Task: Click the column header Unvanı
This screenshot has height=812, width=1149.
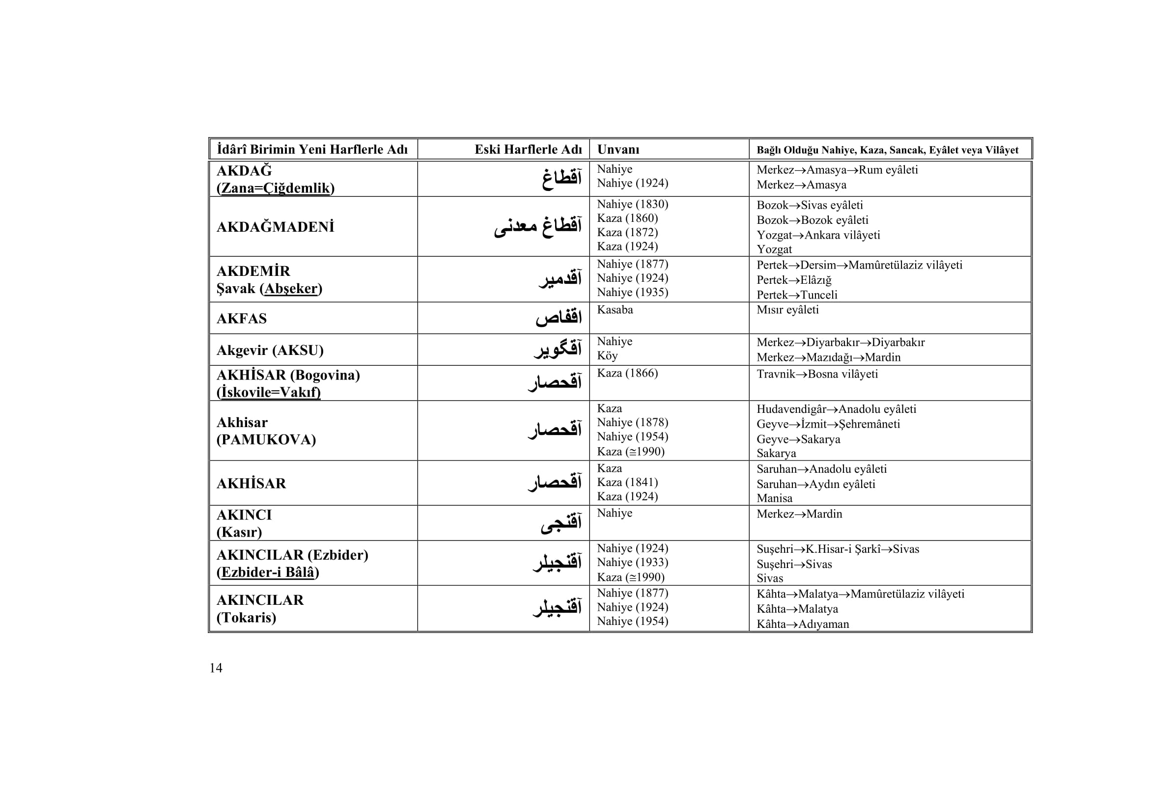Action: click(x=618, y=150)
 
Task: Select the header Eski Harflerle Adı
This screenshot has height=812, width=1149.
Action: click(x=528, y=150)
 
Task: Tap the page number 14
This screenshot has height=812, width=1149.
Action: click(x=216, y=668)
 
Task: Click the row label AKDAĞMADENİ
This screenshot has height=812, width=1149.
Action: click(x=275, y=227)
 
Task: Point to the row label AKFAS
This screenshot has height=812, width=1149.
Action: click(x=241, y=319)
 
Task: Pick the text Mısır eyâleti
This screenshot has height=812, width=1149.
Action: click(x=787, y=310)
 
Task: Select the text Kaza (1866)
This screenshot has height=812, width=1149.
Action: click(x=627, y=374)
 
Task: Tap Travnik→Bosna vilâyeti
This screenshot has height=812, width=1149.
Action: click(x=817, y=374)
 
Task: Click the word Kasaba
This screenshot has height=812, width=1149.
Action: click(x=615, y=310)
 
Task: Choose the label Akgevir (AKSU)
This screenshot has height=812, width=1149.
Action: click(x=270, y=350)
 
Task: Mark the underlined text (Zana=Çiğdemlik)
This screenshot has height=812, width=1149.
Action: click(x=275, y=188)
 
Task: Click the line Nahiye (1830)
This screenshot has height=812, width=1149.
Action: click(x=632, y=204)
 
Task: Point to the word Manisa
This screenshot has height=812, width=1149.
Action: click(x=774, y=498)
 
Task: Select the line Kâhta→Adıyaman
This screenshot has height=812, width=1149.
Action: click(x=802, y=624)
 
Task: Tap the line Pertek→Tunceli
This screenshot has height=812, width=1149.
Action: click(x=797, y=295)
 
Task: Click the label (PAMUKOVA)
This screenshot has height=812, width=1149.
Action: click(x=266, y=439)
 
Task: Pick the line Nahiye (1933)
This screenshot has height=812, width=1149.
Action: click(x=632, y=563)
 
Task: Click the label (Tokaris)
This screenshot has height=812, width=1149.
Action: click(x=246, y=618)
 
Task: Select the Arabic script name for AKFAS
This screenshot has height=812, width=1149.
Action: click(x=559, y=318)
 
